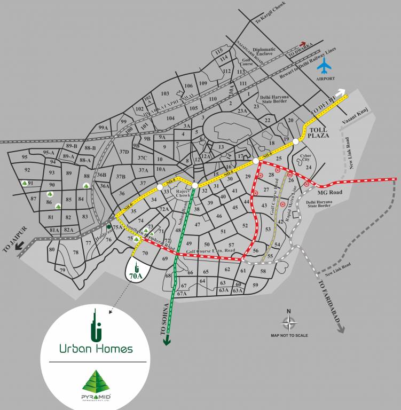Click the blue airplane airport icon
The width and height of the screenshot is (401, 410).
[324, 66]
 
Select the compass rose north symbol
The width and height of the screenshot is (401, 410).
[289, 322]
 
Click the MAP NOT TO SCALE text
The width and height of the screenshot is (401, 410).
[289, 335]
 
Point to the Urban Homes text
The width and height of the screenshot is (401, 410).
[96, 349]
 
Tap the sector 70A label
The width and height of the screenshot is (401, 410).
[136, 276]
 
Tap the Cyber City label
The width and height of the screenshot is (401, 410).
[306, 157]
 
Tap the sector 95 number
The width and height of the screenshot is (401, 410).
[24, 157]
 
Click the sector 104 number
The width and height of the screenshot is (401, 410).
[170, 118]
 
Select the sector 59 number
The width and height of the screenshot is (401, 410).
[255, 285]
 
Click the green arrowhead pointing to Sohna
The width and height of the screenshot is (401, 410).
[167, 341]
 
